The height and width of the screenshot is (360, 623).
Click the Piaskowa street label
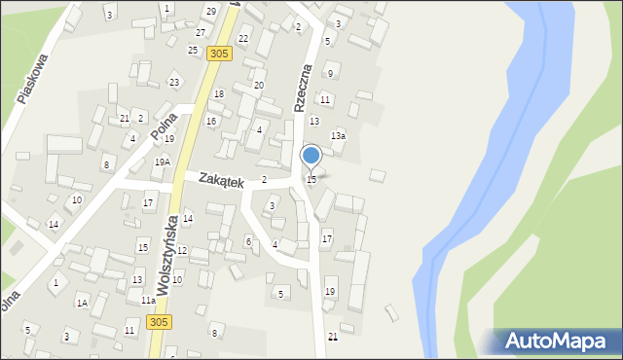(33, 77)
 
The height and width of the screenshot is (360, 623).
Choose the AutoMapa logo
(556, 342)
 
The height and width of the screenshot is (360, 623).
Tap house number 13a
(337, 136)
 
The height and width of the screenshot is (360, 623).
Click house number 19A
(162, 162)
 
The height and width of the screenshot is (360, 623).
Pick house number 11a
(147, 301)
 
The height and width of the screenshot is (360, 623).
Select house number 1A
(83, 304)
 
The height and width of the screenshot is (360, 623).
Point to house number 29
(211, 11)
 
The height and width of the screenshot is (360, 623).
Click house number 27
(200, 33)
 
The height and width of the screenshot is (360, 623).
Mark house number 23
(174, 82)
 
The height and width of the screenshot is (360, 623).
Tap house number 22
(243, 39)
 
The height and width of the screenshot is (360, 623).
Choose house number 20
(259, 86)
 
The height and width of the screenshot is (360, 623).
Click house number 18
(219, 94)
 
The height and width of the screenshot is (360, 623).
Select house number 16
(210, 121)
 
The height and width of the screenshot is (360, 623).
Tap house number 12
(181, 251)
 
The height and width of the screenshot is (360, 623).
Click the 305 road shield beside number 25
(218, 54)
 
